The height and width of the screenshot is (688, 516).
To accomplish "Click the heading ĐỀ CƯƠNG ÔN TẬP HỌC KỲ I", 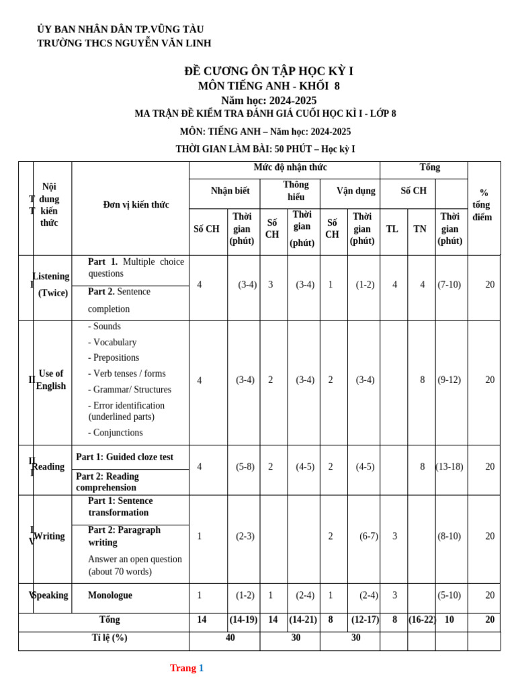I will pyautogui.click(x=269, y=71).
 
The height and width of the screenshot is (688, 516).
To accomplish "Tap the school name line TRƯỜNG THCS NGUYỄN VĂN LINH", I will pyautogui.click(x=124, y=43).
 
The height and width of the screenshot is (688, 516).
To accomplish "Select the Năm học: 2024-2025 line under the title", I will pyautogui.click(x=269, y=100).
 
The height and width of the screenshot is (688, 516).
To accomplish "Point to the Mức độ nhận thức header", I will pyautogui.click(x=290, y=167).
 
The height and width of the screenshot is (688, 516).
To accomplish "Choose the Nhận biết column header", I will pyautogui.click(x=230, y=191).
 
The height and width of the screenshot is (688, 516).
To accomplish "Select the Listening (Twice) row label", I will pyautogui.click(x=52, y=285).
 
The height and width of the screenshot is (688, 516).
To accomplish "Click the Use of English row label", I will pyautogui.click(x=51, y=380).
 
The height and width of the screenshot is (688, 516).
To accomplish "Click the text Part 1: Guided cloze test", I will pyautogui.click(x=125, y=457).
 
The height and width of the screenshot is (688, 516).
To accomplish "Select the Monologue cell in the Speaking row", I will pyautogui.click(x=110, y=595).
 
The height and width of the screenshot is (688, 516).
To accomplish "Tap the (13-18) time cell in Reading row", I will pyautogui.click(x=449, y=467).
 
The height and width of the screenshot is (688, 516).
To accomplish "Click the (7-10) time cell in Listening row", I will pyautogui.click(x=449, y=285).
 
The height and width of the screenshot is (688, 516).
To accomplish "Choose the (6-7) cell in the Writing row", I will pyautogui.click(x=369, y=536).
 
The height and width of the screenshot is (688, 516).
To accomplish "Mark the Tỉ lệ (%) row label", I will pyautogui.click(x=110, y=638).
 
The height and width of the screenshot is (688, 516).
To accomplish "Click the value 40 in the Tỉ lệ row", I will pyautogui.click(x=230, y=638).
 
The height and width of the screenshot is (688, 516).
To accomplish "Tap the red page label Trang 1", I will pyautogui.click(x=187, y=668).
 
